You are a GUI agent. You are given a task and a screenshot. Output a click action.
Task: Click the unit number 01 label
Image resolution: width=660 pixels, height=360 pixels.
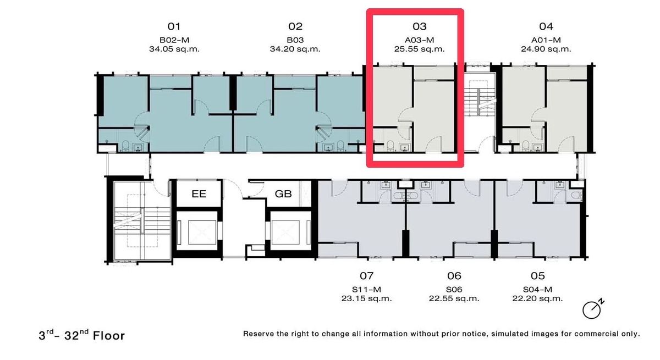pos(174,26)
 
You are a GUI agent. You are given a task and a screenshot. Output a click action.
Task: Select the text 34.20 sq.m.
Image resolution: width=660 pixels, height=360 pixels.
pos(295,49)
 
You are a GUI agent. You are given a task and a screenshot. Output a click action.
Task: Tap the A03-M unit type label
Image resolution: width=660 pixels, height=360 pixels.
pos(419,40)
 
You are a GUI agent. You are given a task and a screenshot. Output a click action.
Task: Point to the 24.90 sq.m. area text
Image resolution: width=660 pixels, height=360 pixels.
pos(546,49)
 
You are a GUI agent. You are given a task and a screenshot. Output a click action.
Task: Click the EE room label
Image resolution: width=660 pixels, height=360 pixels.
pos(199,193)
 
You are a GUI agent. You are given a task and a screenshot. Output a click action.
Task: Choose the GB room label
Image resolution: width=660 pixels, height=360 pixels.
pos(283,193)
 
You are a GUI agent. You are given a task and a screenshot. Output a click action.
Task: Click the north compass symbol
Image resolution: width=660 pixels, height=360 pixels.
pos(593,309)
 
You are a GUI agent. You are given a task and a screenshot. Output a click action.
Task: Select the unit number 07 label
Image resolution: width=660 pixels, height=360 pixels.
pos(366,276)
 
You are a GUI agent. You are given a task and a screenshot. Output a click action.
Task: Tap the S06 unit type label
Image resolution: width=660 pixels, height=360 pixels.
pos(454,289)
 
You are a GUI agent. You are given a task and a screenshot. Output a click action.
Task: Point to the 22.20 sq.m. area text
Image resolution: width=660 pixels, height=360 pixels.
pos(537,298)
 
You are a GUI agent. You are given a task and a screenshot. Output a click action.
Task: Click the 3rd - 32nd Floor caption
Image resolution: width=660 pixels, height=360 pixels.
pos(81,335)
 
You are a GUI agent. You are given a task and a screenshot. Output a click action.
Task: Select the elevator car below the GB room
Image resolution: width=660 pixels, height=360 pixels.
pos(285,232)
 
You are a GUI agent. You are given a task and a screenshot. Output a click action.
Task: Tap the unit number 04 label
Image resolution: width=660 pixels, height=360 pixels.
pos(546,26)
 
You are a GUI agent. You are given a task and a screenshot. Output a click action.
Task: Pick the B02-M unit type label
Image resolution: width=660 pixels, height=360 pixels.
pos(174,40)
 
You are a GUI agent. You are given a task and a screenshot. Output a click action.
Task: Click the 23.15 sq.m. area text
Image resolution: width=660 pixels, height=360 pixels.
pos(366,298)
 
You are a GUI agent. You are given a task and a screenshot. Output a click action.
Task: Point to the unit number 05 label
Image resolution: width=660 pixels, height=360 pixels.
pos(538,276)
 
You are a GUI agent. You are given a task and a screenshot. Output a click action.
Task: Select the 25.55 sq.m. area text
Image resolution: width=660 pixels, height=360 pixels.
pos(419,49)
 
